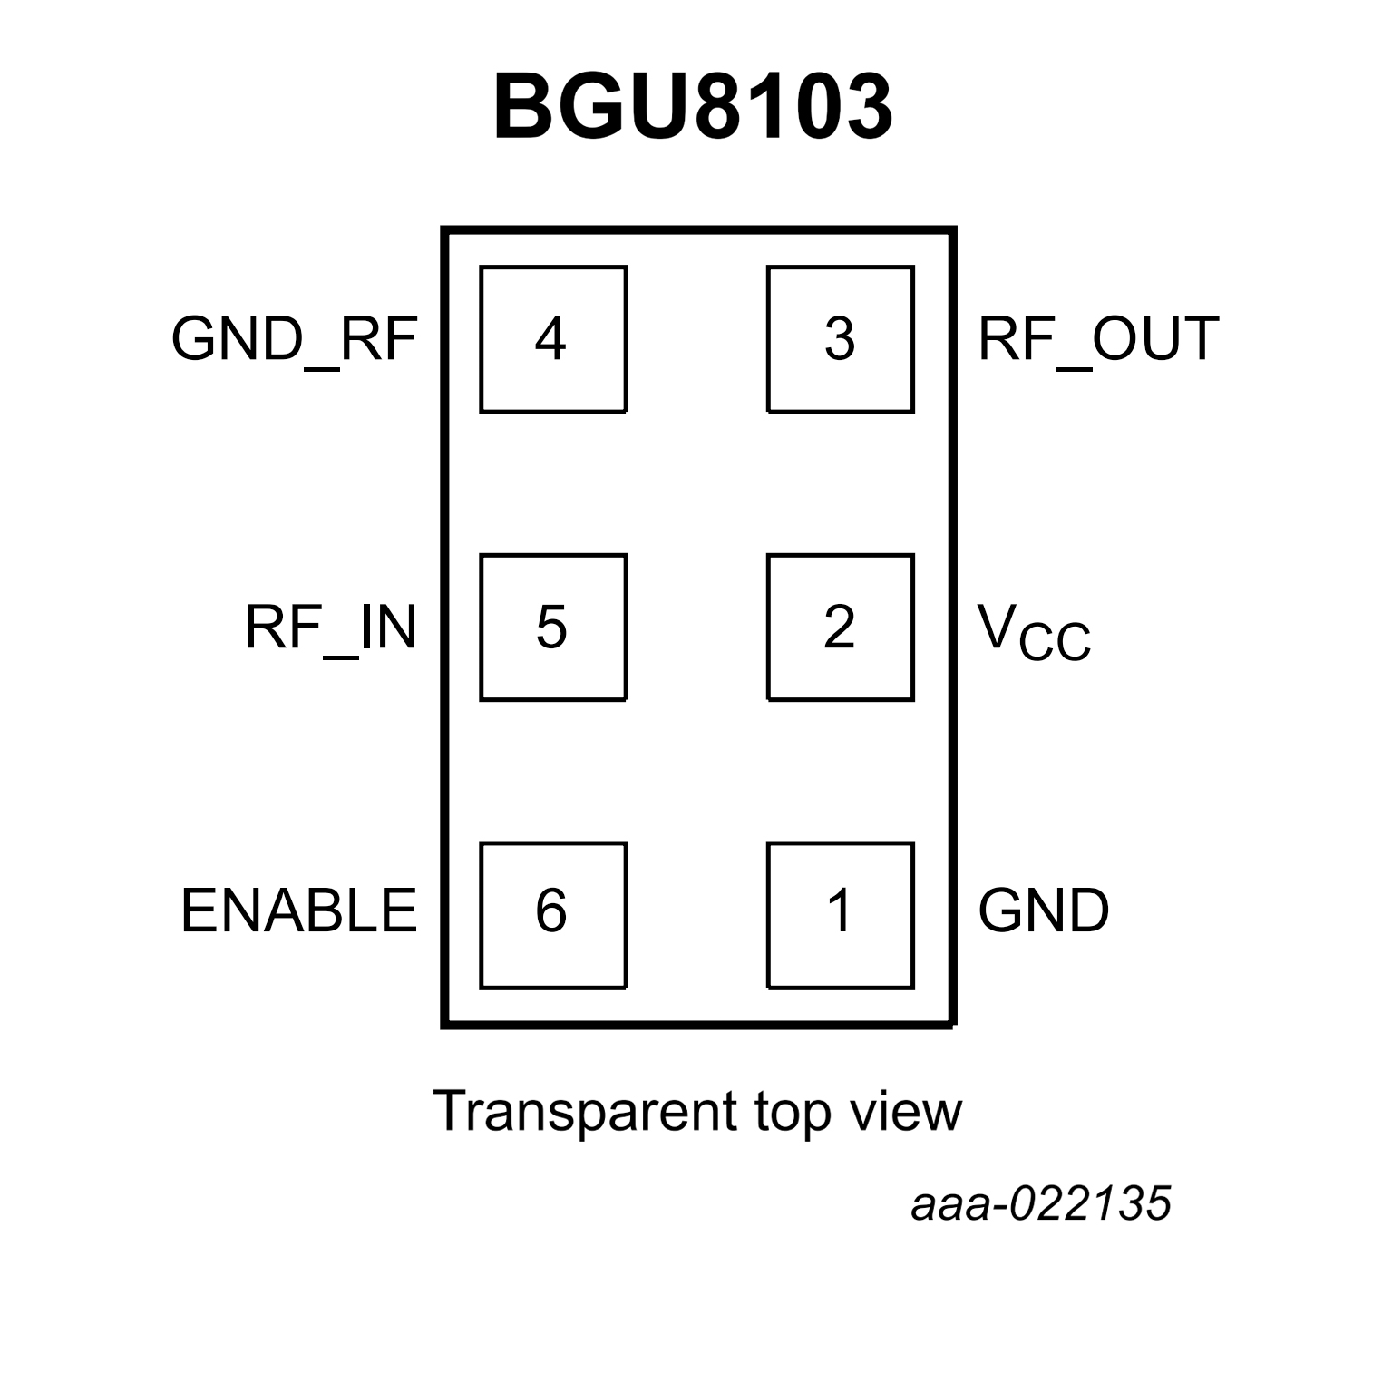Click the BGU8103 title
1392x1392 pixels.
coord(693,107)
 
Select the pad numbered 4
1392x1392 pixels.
coord(552,339)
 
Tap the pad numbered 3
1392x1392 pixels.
coord(840,339)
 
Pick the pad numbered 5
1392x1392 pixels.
coord(552,627)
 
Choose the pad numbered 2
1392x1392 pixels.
coord(840,627)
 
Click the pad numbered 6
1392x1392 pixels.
coord(552,914)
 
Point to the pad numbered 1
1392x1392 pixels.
coord(840,914)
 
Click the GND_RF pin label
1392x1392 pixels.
coord(294,339)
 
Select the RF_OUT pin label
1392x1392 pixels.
coord(1098,339)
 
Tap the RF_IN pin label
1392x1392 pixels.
coord(331,627)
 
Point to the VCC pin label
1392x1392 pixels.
coord(1034,632)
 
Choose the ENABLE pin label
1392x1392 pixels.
coord(298,910)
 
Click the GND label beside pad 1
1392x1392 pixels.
coord(1044,910)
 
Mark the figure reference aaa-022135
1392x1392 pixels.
coord(1041,1204)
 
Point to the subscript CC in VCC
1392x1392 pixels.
coord(1055,641)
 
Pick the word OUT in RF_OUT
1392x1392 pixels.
coord(1155,339)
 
